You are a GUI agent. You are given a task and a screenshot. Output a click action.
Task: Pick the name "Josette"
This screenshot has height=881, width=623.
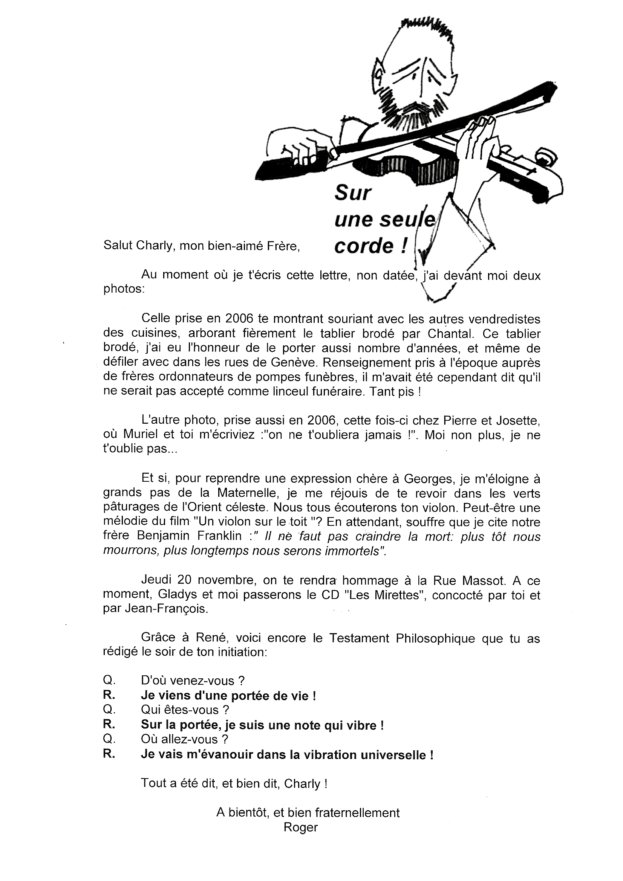(519, 421)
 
